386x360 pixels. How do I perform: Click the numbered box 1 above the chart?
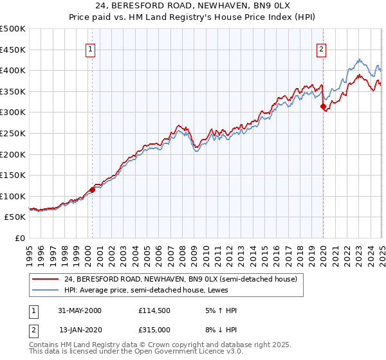pos(90,48)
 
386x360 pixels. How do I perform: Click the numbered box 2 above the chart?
pos(321,48)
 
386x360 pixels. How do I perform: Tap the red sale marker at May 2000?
pos(93,190)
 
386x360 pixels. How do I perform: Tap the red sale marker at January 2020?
pos(323,107)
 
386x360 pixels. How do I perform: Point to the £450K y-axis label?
pos(13,50)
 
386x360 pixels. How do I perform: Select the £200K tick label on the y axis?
pos(13,154)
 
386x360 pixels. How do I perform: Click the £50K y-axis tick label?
pos(15,217)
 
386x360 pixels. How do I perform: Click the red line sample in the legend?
pos(45,279)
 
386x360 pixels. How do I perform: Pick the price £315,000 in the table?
pos(154,330)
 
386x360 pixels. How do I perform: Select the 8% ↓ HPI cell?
pos(216,330)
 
